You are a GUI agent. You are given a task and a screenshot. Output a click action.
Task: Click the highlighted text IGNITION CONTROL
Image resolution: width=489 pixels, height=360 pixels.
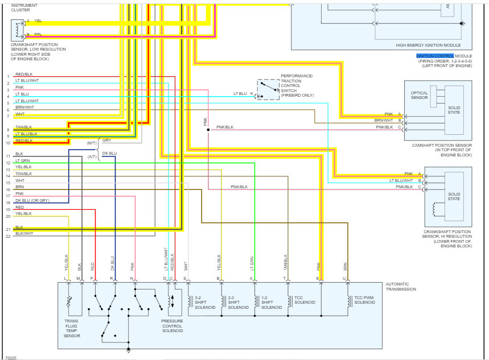point(435,56)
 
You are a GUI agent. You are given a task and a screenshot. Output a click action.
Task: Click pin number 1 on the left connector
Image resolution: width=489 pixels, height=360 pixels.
point(8,76)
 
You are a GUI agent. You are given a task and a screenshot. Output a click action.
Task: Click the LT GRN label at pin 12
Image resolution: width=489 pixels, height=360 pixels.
point(22,161)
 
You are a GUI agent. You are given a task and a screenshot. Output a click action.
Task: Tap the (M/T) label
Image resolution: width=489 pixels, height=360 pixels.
point(91,143)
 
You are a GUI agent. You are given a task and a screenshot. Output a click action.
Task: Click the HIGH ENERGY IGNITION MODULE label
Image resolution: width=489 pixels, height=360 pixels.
point(428,45)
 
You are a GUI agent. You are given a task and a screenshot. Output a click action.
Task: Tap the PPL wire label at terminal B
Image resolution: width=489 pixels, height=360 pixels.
point(38,34)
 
